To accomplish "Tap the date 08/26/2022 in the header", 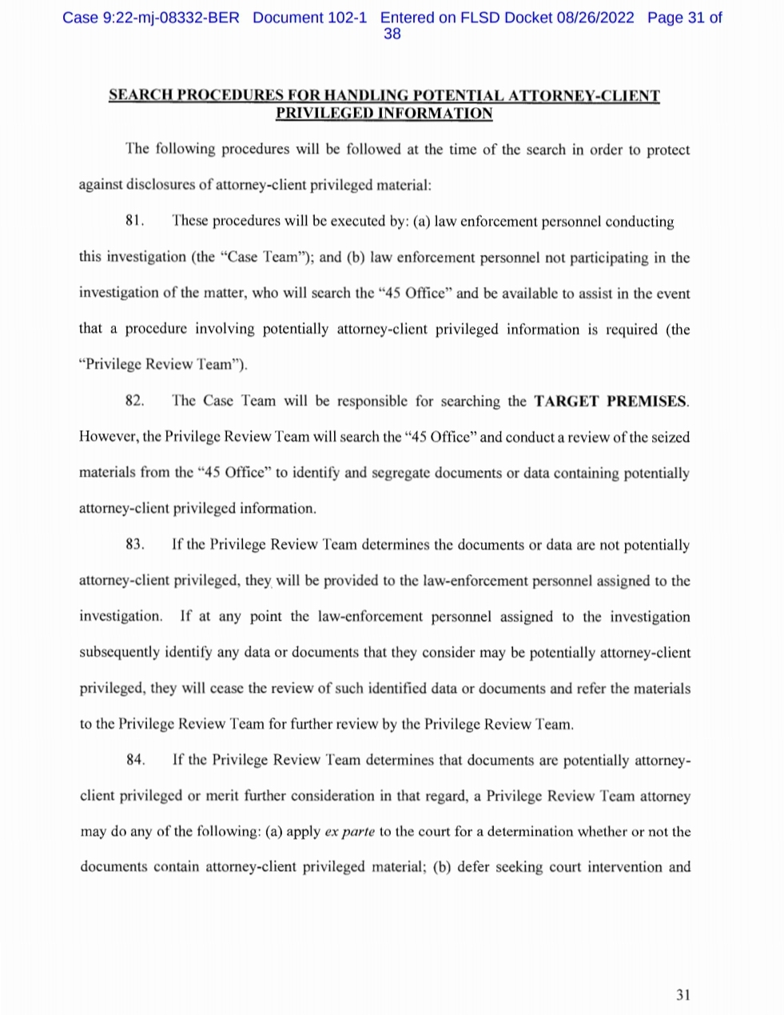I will coord(595,18).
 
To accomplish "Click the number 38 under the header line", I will coord(392,34).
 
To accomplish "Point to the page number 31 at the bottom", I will coord(683,995).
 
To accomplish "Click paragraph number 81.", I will coord(135,222).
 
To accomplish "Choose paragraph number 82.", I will coord(135,401).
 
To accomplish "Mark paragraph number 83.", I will coord(135,545).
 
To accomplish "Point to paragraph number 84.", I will coord(136,760).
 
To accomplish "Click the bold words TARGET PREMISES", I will coord(611,401).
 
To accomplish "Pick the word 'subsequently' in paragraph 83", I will coord(120,653).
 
